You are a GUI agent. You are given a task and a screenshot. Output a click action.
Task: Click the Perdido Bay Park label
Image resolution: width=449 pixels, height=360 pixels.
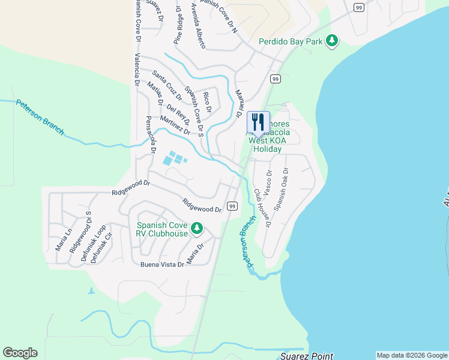pyautogui.click(x=291, y=42)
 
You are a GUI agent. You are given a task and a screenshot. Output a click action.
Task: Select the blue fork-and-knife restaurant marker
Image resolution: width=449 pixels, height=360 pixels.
pyautogui.click(x=258, y=122)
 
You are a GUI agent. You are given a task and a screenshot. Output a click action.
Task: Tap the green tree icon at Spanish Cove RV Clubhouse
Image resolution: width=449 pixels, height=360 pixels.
pyautogui.click(x=197, y=228)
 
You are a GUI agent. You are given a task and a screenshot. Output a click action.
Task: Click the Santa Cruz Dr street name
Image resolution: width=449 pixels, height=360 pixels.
pyautogui.click(x=167, y=84)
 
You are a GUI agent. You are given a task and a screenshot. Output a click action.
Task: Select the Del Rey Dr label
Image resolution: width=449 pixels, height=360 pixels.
pyautogui.click(x=178, y=115)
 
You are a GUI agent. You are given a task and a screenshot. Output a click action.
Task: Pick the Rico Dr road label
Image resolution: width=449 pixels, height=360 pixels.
pyautogui.click(x=207, y=102)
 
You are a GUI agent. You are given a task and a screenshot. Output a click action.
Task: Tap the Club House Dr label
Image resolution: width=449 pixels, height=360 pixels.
pyautogui.click(x=263, y=208)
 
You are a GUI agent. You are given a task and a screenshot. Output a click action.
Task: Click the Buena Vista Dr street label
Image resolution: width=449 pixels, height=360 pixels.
pyautogui.click(x=161, y=265)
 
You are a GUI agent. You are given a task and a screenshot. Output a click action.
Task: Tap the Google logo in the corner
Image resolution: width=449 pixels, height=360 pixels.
pyautogui.click(x=20, y=352)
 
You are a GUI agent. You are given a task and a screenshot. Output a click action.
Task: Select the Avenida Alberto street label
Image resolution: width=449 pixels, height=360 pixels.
pyautogui.click(x=198, y=25)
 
